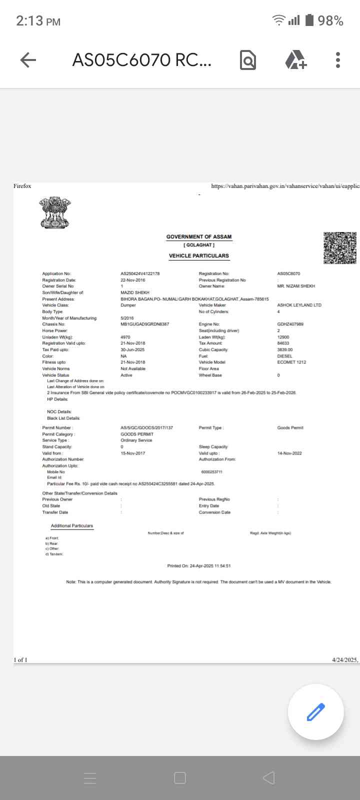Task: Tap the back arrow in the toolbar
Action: (x=28, y=60)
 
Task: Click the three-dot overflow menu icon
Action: (x=338, y=60)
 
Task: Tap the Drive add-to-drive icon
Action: (x=295, y=60)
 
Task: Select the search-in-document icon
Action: (x=248, y=60)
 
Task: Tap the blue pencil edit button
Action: (x=315, y=711)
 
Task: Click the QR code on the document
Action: (x=340, y=248)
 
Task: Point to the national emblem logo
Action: (x=56, y=212)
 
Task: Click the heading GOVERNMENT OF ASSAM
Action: (x=199, y=237)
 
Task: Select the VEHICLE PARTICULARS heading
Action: (x=199, y=256)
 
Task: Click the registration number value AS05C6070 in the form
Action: (x=288, y=274)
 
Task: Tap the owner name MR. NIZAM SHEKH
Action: (x=296, y=286)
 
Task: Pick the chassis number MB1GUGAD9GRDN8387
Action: (x=144, y=324)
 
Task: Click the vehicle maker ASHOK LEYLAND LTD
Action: (x=299, y=305)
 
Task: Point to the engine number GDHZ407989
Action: (x=290, y=324)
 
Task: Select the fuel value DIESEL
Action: (x=284, y=356)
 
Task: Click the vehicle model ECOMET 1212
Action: (x=291, y=362)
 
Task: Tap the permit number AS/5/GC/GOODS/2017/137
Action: (x=146, y=428)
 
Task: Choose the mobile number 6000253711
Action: (x=211, y=472)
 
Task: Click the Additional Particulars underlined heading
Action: (x=72, y=526)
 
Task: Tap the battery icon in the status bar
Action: (x=309, y=20)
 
